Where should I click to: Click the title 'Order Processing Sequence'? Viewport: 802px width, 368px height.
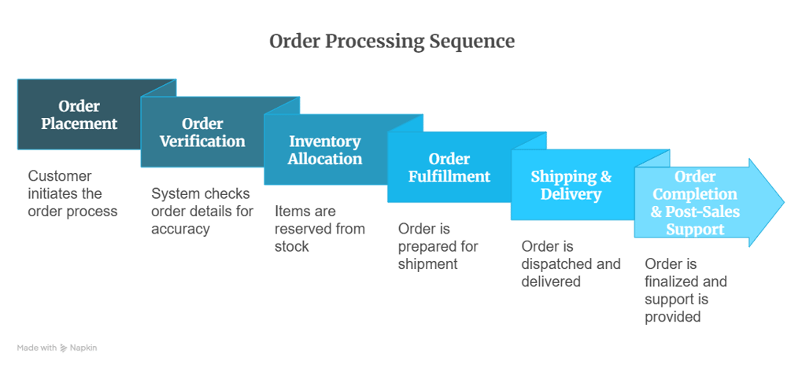tap(392, 41)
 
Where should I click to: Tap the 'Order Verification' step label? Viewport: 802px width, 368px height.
tap(202, 133)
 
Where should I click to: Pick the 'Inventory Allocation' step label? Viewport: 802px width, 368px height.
tap(324, 150)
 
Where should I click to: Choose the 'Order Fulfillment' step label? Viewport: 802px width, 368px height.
tap(449, 167)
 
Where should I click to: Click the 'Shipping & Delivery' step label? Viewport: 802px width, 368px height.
tap(571, 185)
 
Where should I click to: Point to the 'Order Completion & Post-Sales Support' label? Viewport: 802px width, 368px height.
tap(695, 202)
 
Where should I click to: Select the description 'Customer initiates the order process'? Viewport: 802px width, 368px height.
tap(72, 193)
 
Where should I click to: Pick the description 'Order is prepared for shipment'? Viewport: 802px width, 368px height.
tap(438, 246)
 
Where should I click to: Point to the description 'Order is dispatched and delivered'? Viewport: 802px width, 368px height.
tap(571, 263)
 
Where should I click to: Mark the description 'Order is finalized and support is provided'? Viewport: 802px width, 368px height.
tap(686, 290)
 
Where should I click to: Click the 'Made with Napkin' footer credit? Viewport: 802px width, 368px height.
tap(57, 348)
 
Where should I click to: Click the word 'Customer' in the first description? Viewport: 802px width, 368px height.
tap(60, 176)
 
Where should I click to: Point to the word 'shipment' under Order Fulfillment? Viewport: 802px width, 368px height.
tap(427, 263)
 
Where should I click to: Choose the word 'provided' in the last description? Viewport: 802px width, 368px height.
tap(673, 317)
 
